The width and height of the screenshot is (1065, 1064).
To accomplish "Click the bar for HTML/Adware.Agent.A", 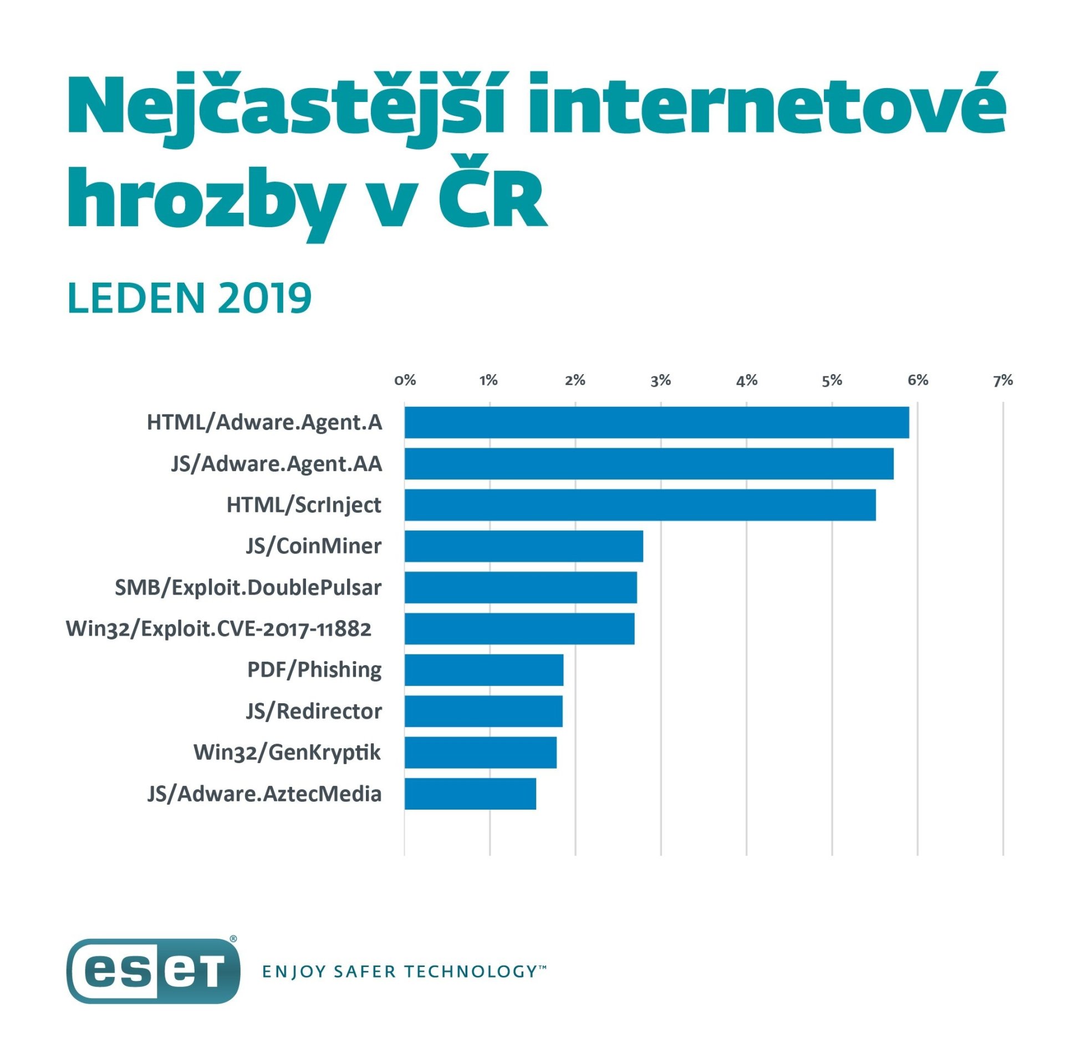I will coord(656,422).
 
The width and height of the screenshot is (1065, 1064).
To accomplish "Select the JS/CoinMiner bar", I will coord(523,546).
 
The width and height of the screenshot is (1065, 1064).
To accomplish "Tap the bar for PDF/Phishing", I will coord(483,669).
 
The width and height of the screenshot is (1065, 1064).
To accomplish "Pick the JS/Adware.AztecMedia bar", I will coord(470,794).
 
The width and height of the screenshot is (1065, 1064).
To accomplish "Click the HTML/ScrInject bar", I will coord(640,505).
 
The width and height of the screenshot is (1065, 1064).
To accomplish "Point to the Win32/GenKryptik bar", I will coord(480,752).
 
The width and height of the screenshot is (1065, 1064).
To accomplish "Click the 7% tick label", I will coord(1002,380).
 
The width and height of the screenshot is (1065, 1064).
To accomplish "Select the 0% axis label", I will coord(405,380).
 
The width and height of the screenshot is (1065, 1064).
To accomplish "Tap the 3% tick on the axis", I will coord(661,380).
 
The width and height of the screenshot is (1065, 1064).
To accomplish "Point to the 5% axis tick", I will coord(832,380).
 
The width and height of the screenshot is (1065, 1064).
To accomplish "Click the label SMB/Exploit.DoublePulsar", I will coord(248,587).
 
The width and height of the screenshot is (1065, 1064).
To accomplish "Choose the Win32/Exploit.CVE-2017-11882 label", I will coord(218,629).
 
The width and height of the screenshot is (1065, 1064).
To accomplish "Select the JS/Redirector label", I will coord(314,711).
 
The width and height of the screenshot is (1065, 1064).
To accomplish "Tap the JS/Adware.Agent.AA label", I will coord(277,464).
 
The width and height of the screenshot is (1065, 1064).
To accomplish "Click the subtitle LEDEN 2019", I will coord(189,298).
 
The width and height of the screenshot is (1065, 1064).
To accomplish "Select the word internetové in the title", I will coord(766,105).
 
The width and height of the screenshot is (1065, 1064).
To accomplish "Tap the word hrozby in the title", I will coord(203,199).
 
